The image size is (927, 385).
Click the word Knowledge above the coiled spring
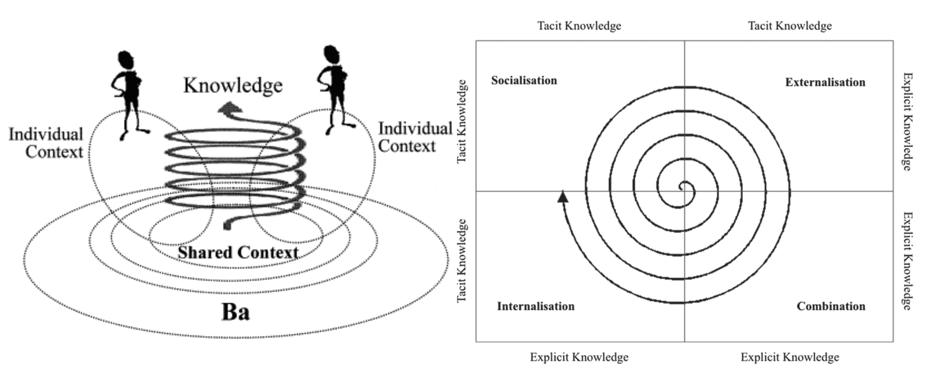tap(233, 85)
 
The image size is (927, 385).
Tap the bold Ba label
tap(235, 312)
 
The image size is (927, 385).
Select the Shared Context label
tap(238, 253)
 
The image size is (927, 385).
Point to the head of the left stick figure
tap(126, 60)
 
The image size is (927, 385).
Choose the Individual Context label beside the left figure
tap(46, 143)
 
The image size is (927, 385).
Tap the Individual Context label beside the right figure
tap(414, 137)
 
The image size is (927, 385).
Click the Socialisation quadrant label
tap(524, 80)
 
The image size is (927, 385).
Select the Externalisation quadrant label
tap(825, 82)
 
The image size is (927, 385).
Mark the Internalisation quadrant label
tap(535, 306)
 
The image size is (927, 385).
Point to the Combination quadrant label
tap(831, 306)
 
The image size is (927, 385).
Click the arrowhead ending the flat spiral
tap(563, 196)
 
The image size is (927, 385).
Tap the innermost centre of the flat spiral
tap(682, 187)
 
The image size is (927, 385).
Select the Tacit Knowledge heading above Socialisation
tap(579, 26)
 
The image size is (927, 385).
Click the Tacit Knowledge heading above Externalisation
tap(790, 26)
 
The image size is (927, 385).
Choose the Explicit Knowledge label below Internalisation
tap(579, 357)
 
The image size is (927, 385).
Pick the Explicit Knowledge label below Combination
tap(790, 357)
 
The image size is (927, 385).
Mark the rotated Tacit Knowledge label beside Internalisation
tap(462, 261)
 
